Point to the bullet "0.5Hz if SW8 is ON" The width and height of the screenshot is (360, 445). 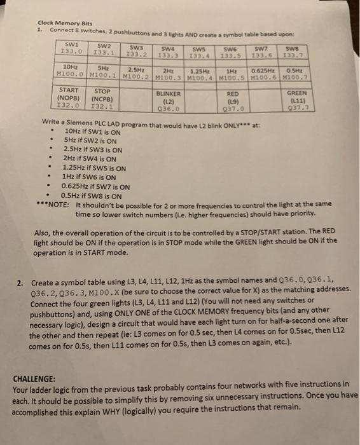tap(94, 196)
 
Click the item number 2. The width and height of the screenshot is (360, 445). tap(20, 282)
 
